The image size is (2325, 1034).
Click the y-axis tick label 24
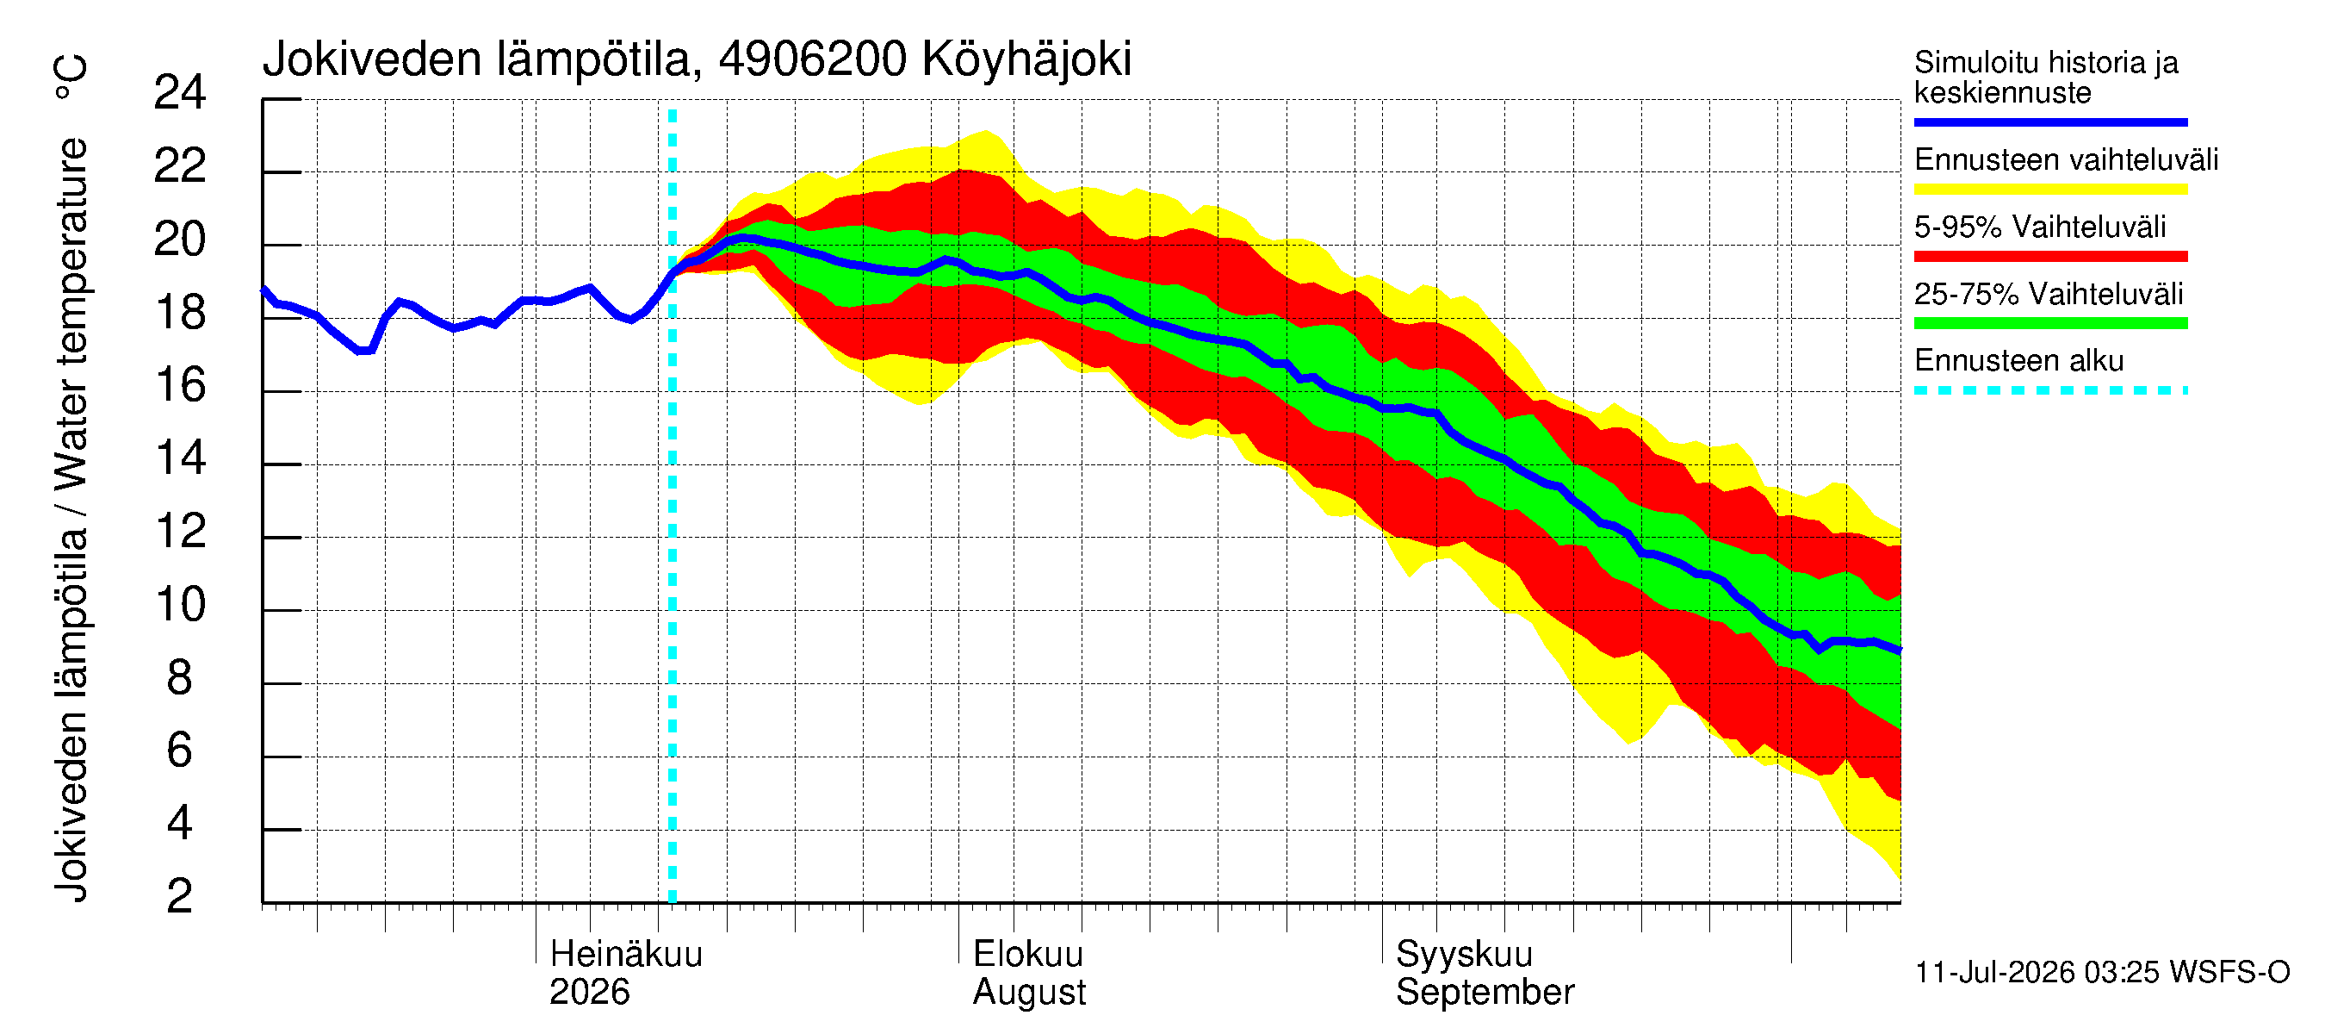(180, 92)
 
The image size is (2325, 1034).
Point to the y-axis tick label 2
(180, 896)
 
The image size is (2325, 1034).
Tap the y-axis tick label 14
(180, 458)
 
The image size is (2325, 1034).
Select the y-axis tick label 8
(180, 677)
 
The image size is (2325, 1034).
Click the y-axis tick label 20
(180, 239)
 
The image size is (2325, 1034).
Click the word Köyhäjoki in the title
(1026, 60)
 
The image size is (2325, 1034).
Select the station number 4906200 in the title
(812, 59)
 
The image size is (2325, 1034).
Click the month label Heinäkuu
(625, 954)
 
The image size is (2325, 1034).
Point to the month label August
(1029, 993)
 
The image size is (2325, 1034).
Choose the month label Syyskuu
(1464, 955)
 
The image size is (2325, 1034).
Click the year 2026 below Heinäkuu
(589, 992)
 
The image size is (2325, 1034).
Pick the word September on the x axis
(1485, 993)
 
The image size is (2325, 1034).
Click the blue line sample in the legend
(2050, 121)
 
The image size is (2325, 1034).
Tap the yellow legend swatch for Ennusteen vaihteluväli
(2050, 190)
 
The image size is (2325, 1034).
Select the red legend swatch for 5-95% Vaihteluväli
(2050, 257)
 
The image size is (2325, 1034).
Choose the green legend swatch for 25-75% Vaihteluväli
(2050, 323)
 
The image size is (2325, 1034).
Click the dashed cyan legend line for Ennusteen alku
(2050, 391)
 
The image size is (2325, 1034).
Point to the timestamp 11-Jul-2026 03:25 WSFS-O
(2102, 973)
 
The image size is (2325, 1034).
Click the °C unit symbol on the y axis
(71, 78)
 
